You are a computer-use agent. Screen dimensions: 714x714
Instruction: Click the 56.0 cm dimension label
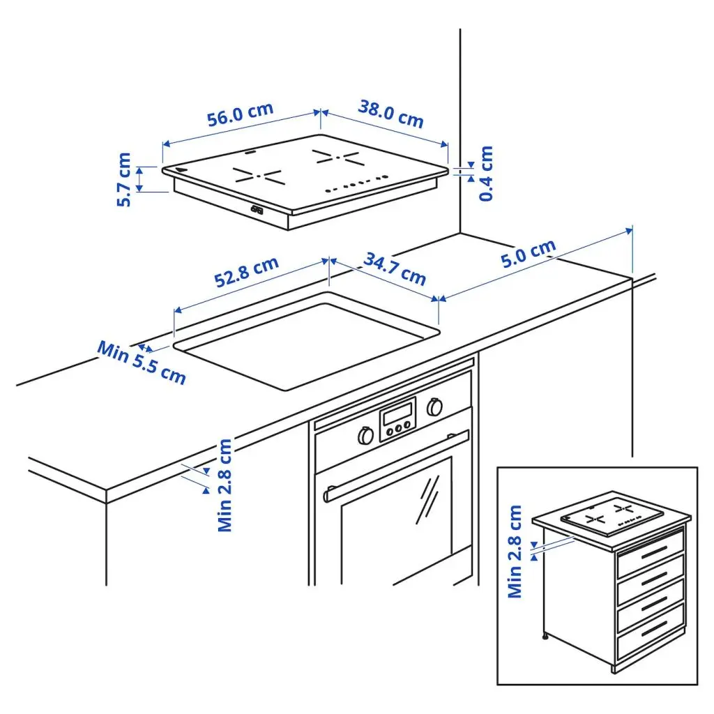coord(240,114)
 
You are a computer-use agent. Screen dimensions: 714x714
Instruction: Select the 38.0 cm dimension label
coord(391,114)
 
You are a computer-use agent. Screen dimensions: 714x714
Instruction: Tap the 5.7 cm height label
coord(124,179)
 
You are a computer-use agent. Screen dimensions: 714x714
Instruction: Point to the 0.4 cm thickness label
coord(486,173)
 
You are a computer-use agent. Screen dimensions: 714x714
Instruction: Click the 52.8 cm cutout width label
coord(246,272)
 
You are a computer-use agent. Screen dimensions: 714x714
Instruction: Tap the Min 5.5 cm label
coord(142,363)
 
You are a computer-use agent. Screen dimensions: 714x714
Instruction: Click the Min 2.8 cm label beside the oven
coord(225,485)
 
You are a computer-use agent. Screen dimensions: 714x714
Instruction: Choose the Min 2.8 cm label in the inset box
coord(515,551)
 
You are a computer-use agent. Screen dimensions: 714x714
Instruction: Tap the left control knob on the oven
coord(365,435)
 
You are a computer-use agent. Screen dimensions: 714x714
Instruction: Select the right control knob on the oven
coord(435,407)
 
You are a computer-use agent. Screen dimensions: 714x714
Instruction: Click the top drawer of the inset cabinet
coord(651,553)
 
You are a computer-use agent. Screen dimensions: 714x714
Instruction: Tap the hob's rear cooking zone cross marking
coord(339,158)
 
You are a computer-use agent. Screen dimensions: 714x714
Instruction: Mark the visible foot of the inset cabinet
coord(545,637)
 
